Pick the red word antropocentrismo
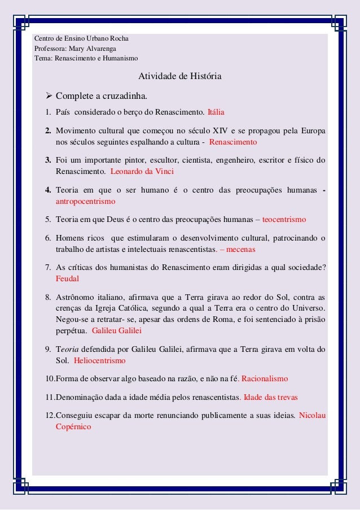pyautogui.click(x=85, y=200)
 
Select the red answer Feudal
pyautogui.click(x=68, y=278)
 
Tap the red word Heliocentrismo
pyautogui.click(x=100, y=360)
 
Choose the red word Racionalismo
pyautogui.click(x=265, y=378)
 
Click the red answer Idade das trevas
pyautogui.click(x=270, y=398)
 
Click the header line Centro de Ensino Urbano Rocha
pyautogui.click(x=82, y=39)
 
